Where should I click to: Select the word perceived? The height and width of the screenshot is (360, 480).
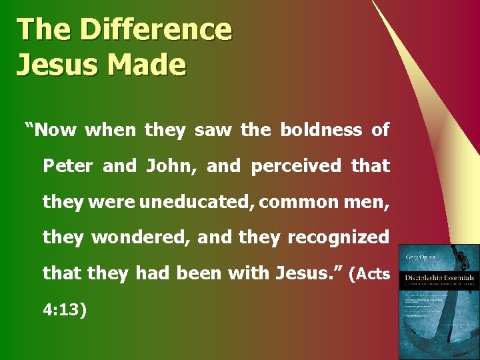295,165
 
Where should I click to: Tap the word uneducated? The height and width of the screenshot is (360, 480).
196,201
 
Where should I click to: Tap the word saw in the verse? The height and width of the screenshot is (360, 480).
213,129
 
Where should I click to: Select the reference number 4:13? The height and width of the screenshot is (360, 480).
65,310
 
